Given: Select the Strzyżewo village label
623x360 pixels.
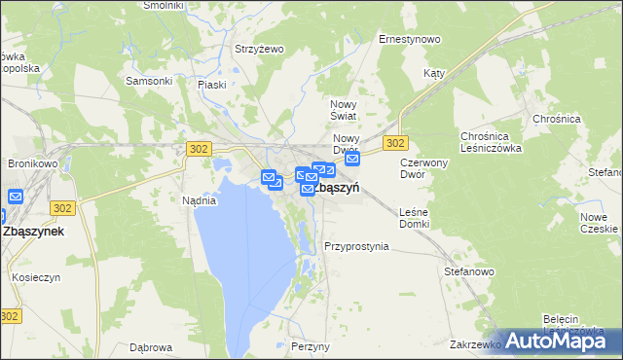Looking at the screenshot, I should point(258,49).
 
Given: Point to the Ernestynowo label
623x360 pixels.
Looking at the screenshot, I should point(410,40).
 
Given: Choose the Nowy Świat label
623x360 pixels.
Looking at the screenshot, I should point(346,110).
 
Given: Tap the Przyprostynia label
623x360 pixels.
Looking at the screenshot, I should point(356,247).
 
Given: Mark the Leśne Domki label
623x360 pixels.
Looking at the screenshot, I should point(414,218).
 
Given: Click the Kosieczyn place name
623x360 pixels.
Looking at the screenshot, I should point(37,277).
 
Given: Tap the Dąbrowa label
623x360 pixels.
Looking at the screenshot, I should point(151,346).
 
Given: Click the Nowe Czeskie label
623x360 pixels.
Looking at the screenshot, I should point(598,223).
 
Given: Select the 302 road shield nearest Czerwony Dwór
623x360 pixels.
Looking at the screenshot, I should point(394,143).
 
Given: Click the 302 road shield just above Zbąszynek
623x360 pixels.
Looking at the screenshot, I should point(64,208).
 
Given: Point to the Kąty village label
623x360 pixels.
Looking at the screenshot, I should point(434,73).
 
